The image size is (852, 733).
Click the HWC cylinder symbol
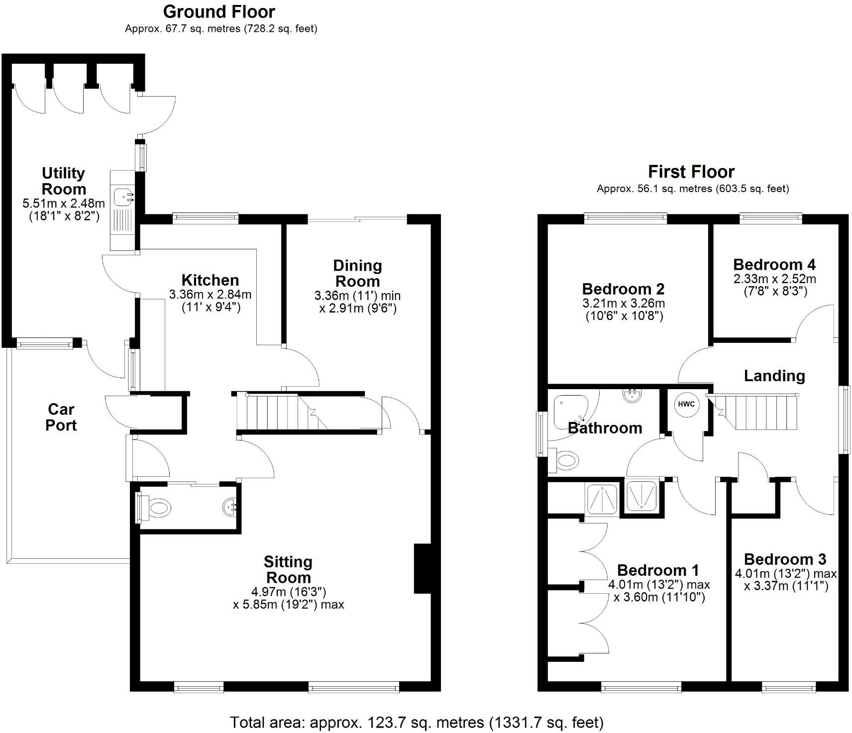[686, 404]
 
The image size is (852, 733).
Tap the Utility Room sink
[122, 197]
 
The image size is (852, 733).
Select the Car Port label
[61, 417]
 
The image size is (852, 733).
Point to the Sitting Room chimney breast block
[422, 568]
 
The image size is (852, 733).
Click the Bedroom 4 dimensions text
[774, 285]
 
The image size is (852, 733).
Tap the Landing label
[774, 376]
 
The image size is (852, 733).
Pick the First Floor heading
[691, 172]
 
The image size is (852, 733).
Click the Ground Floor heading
[219, 11]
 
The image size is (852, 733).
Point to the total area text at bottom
[417, 722]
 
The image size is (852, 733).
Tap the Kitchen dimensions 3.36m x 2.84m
[210, 301]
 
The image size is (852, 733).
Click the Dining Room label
[357, 273]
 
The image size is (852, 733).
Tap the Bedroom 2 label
[623, 289]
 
